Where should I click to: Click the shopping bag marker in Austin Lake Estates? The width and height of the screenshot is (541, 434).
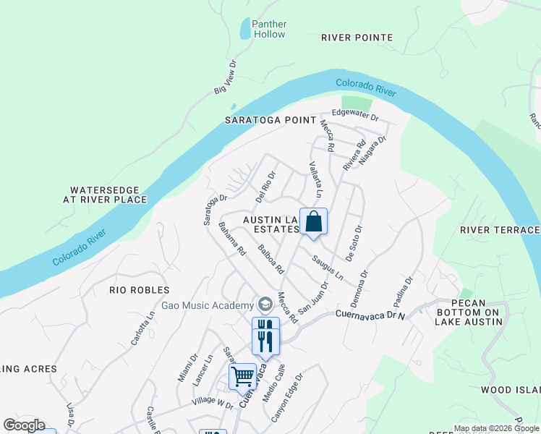(x=313, y=221)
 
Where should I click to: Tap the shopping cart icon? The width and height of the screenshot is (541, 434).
(x=243, y=375)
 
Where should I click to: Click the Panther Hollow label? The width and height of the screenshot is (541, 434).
(x=268, y=29)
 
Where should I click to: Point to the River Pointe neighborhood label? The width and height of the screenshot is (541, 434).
(x=357, y=38)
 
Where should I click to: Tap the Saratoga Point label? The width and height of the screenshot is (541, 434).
(x=270, y=120)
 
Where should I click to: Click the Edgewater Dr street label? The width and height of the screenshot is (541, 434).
(x=355, y=114)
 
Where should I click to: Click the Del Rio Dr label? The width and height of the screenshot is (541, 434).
(x=266, y=186)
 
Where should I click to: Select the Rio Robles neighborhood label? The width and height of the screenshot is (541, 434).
(x=139, y=290)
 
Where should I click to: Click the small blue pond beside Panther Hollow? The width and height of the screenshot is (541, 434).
(x=244, y=30)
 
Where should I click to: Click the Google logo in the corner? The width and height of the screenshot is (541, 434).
(x=23, y=425)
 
